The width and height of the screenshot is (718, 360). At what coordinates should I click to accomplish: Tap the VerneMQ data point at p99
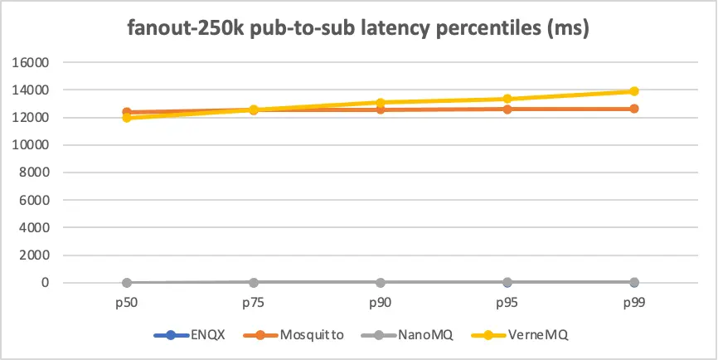(633, 91)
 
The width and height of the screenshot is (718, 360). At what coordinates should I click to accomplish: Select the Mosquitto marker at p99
(633, 109)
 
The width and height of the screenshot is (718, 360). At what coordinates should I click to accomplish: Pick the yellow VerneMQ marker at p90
(380, 103)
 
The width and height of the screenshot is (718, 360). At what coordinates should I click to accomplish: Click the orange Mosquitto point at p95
(507, 109)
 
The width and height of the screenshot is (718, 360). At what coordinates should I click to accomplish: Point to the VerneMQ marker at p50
(126, 118)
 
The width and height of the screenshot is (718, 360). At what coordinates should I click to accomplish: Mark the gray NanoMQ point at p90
(380, 283)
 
